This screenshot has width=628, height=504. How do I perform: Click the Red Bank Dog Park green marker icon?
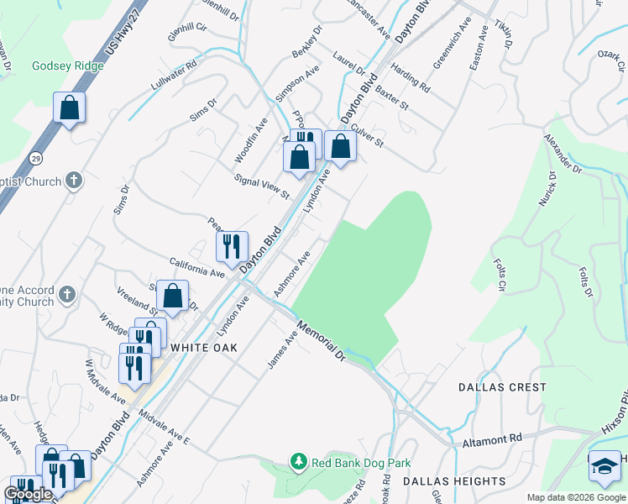[298, 461]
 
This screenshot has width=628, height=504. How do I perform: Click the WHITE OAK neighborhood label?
[205, 347]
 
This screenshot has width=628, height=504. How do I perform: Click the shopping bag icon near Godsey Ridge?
[69, 108]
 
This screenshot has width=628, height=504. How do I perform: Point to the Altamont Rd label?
[492, 438]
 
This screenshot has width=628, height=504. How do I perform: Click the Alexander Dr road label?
[562, 152]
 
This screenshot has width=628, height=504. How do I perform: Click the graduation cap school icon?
[604, 467]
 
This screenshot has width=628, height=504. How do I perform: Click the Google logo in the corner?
[28, 494]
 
